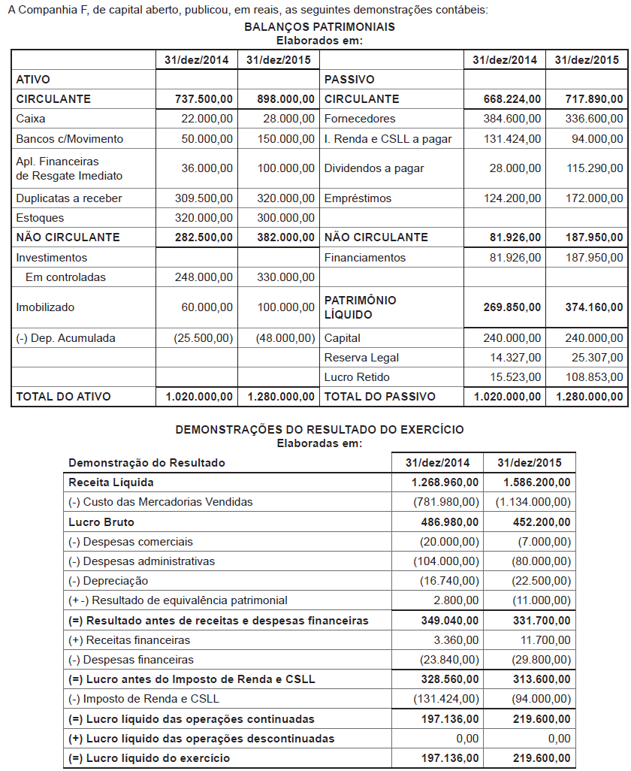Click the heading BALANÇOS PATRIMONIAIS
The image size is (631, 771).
pos(319,26)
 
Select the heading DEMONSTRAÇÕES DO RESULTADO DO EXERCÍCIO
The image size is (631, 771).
pos(319,430)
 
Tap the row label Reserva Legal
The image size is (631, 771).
pos(361,358)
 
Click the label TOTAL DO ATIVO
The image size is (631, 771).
pos(63,397)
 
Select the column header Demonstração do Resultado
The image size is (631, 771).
pos(146,463)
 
